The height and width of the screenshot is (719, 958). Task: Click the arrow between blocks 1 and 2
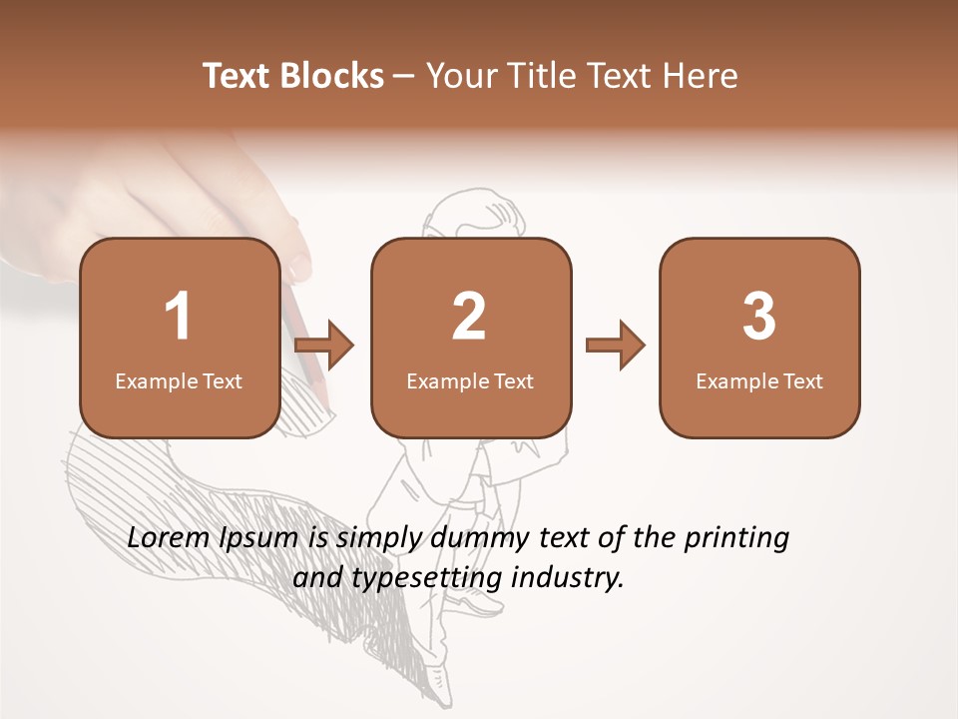(325, 346)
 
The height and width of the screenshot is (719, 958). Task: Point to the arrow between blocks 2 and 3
(616, 346)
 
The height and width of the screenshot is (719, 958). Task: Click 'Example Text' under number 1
(179, 381)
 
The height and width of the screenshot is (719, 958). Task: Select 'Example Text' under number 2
(470, 381)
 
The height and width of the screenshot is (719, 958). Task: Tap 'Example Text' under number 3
(759, 381)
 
